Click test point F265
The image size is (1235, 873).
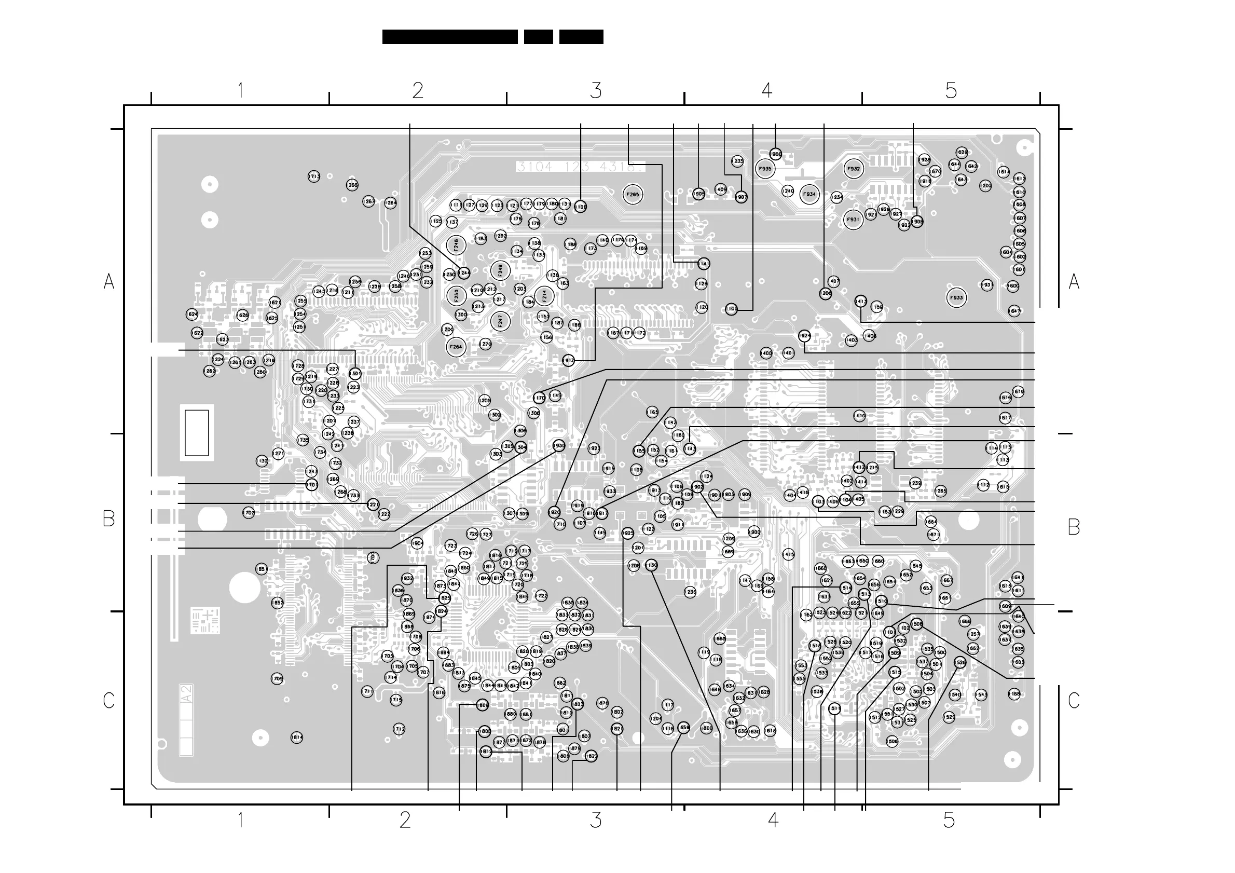(633, 195)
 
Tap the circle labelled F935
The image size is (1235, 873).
(765, 169)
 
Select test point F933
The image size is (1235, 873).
(956, 298)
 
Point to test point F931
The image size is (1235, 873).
(853, 220)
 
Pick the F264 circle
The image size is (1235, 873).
(456, 347)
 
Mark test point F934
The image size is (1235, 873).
(809, 195)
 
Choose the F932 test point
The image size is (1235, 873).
(854, 169)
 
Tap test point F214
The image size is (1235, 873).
(544, 295)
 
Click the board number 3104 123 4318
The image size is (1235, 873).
(579, 167)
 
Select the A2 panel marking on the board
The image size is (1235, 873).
(187, 693)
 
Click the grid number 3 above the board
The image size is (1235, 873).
(596, 90)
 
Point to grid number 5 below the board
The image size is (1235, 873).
(949, 820)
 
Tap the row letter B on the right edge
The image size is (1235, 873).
(1074, 527)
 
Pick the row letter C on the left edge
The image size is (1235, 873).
(108, 700)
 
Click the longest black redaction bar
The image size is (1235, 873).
(450, 36)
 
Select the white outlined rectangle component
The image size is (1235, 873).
(197, 433)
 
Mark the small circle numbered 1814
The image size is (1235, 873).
(297, 738)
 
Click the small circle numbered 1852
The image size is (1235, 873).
(278, 603)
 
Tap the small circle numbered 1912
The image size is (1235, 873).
(568, 360)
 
